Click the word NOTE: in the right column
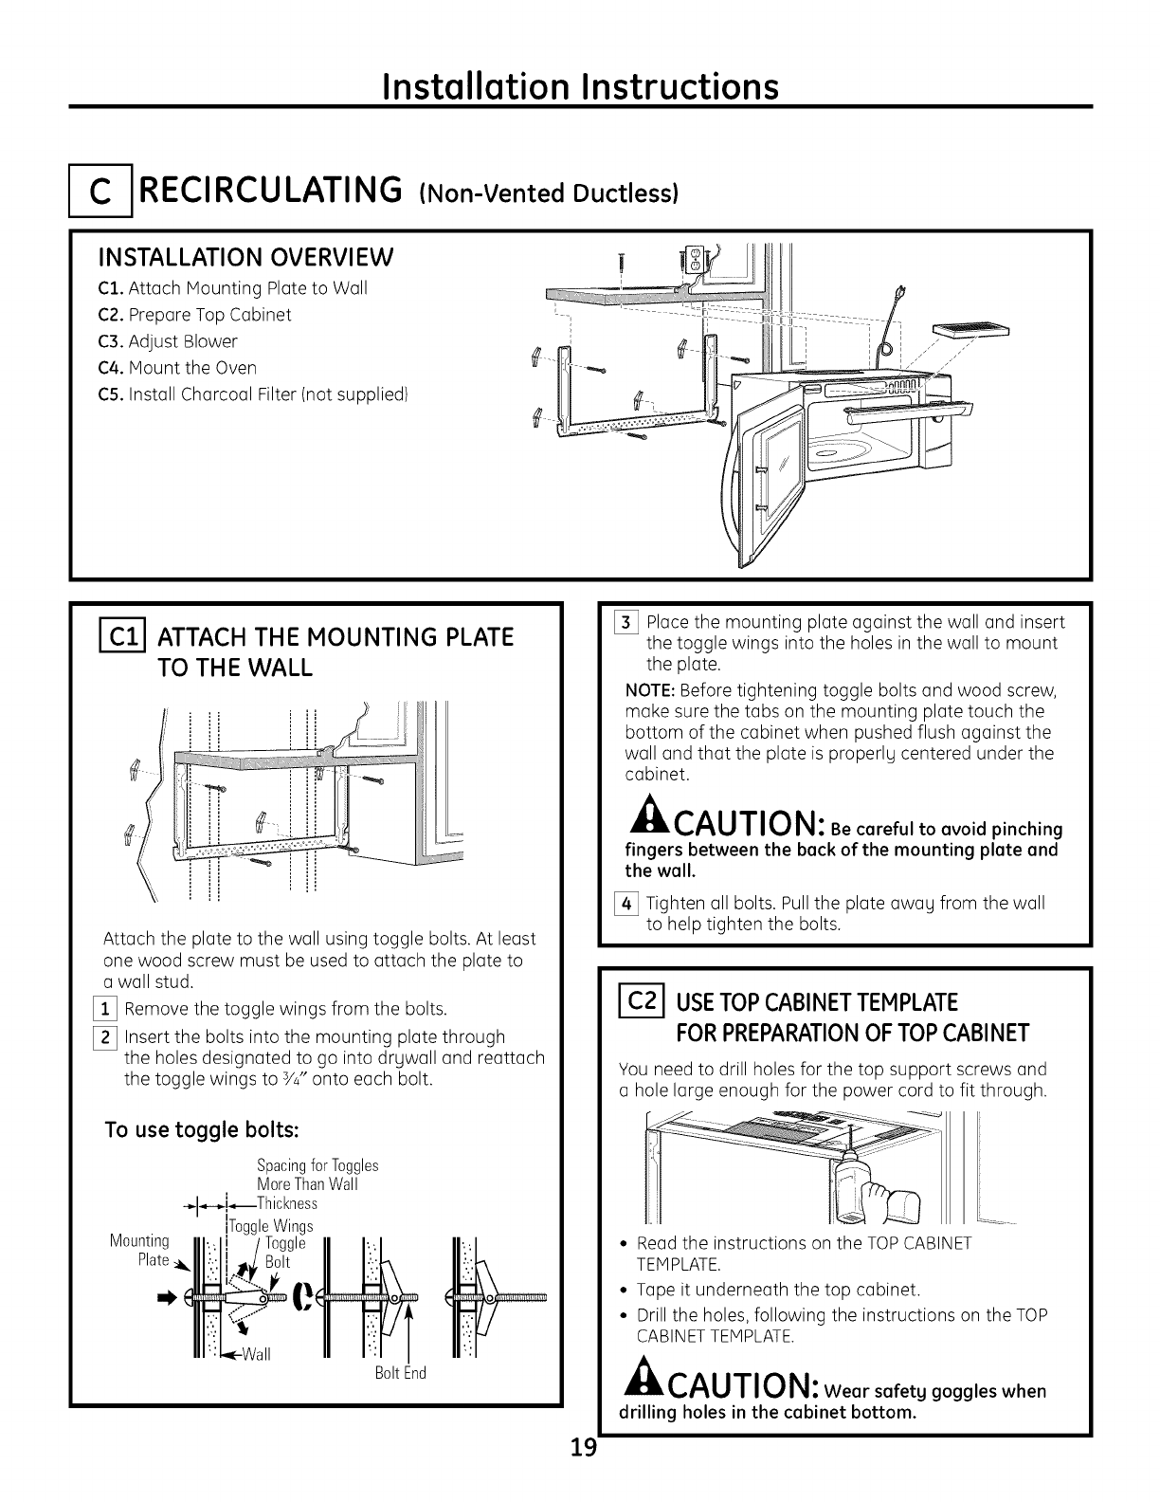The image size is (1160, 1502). (650, 687)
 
